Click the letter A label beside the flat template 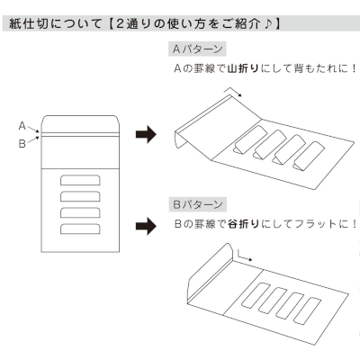(x=22, y=126)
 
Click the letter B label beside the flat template (x=22, y=144)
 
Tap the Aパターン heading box (x=197, y=49)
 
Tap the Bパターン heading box (x=197, y=204)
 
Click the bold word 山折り (x=243, y=68)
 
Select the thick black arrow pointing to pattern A (x=146, y=134)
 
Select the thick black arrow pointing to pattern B (x=146, y=226)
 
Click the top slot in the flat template (x=80, y=180)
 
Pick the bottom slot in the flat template (x=80, y=229)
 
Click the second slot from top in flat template (x=80, y=196)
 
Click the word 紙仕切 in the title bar (x=29, y=23)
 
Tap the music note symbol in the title (x=269, y=23)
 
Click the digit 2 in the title (x=120, y=23)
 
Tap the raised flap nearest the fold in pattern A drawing (x=250, y=139)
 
